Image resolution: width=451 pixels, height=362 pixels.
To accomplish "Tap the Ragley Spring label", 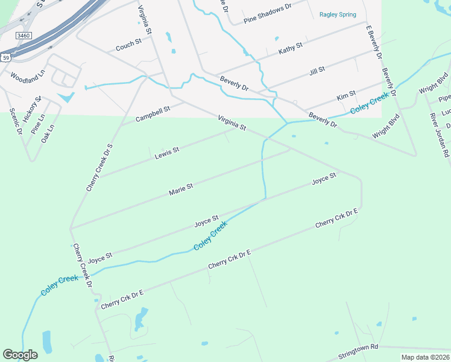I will [x=338, y=14].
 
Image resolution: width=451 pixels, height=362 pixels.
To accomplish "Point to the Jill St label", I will [x=317, y=71].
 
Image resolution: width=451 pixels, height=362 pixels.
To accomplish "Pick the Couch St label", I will [x=128, y=45].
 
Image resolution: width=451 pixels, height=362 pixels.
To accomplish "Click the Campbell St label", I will [x=153, y=113].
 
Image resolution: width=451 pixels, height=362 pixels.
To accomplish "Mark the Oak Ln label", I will [x=48, y=133].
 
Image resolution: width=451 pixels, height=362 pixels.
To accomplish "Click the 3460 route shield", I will [x=24, y=36].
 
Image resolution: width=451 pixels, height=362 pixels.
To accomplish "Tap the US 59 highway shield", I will [x=5, y=57].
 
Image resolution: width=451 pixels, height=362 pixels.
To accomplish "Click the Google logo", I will [x=20, y=355].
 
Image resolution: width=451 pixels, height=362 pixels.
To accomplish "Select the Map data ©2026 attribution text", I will [x=425, y=357].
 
